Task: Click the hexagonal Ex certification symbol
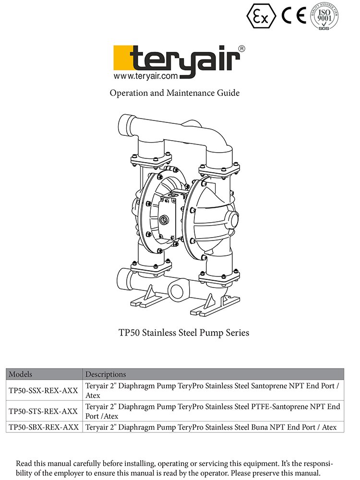pos(261,16)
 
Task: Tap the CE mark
pos(294,16)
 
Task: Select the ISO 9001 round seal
pos(325,16)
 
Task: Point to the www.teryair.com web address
pos(146,75)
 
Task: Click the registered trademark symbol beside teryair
pos(242,48)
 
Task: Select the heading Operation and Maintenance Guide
pos(175,93)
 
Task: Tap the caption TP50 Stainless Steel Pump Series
pos(184,332)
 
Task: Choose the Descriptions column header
pos(106,374)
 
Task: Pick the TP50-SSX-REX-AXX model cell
pos(43,391)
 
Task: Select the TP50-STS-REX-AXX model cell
pos(43,411)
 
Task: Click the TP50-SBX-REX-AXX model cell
pos(43,427)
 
